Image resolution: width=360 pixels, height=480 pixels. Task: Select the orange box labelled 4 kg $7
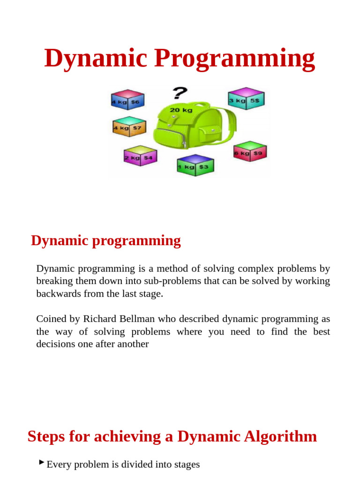point(129,127)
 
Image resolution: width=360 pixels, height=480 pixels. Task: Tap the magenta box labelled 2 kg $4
point(140,157)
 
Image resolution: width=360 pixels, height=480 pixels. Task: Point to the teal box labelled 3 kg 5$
point(246,99)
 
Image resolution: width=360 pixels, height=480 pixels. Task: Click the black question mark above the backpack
point(178,93)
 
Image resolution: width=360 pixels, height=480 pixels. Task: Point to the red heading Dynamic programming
point(106,240)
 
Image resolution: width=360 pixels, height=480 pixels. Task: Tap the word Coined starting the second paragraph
point(51,319)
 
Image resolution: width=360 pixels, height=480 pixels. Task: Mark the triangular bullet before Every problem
point(42,463)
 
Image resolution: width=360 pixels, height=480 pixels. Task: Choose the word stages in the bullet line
point(185,465)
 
